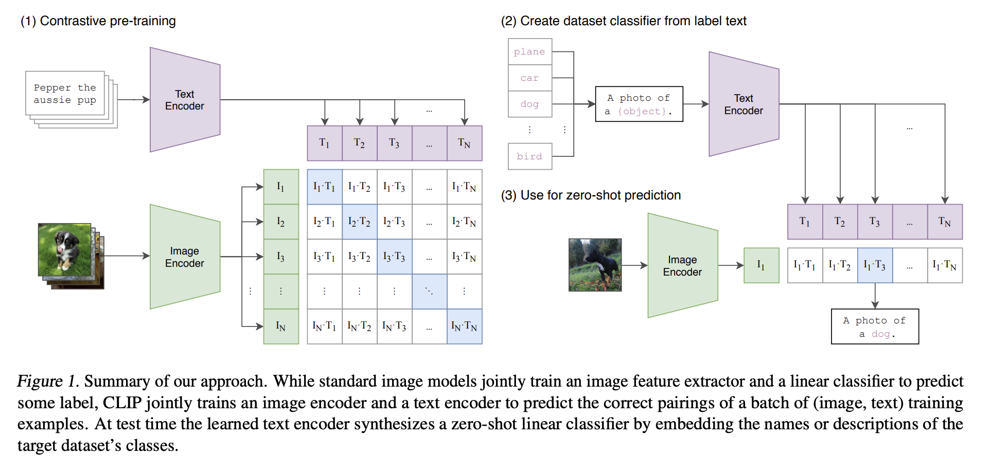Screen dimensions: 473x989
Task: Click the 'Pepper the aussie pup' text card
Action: pyautogui.click(x=65, y=94)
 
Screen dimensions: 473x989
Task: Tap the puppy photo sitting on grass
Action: pyautogui.click(x=65, y=249)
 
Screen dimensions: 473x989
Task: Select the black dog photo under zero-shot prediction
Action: pyautogui.click(x=595, y=265)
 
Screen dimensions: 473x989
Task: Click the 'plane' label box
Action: pyautogui.click(x=529, y=51)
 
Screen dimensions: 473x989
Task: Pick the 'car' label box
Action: pyautogui.click(x=529, y=78)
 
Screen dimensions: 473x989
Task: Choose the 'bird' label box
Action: pyautogui.click(x=529, y=156)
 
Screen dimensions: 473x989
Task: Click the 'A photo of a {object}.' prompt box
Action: pyautogui.click(x=639, y=104)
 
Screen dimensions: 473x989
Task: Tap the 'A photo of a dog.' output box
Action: pyautogui.click(x=875, y=327)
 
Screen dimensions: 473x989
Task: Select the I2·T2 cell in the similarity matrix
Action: pyautogui.click(x=359, y=222)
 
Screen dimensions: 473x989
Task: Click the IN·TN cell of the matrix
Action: pyautogui.click(x=464, y=326)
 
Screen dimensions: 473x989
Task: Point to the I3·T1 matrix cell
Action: pyautogui.click(x=324, y=257)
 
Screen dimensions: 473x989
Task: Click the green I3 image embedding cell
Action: pyautogui.click(x=281, y=257)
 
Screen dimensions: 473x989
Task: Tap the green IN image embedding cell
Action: pyautogui.click(x=281, y=326)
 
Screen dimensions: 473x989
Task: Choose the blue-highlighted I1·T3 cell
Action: pyautogui.click(x=875, y=265)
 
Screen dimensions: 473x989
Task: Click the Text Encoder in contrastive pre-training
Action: pyautogui.click(x=185, y=100)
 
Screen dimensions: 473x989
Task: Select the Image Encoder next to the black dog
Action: pyautogui.click(x=682, y=265)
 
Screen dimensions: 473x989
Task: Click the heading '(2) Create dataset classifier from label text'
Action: pyautogui.click(x=623, y=21)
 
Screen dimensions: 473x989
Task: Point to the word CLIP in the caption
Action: pyautogui.click(x=122, y=403)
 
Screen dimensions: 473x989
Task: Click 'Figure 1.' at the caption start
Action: pyautogui.click(x=48, y=381)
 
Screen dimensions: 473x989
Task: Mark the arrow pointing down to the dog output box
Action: pyautogui.click(x=875, y=297)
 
